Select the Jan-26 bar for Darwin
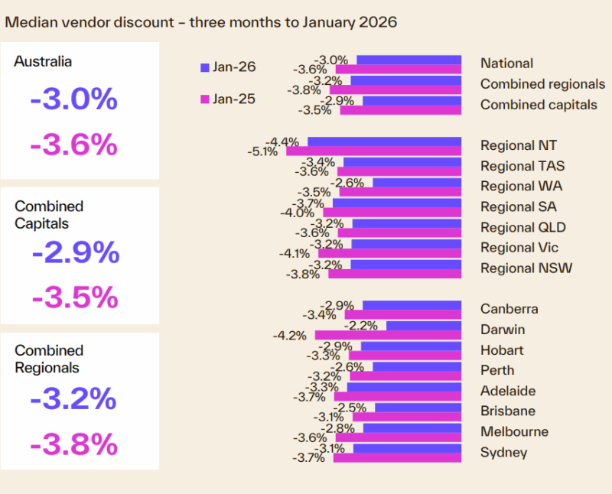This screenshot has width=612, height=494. pyautogui.click(x=424, y=326)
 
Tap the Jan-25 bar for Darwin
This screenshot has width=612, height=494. pyautogui.click(x=388, y=335)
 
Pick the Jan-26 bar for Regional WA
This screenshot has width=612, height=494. pyautogui.click(x=417, y=183)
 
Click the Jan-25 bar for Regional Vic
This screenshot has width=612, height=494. pyautogui.click(x=389, y=253)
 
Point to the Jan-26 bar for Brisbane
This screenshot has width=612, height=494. pyautogui.click(x=418, y=408)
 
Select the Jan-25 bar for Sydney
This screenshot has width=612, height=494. pyautogui.click(x=397, y=457)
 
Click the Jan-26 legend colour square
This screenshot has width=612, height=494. pyautogui.click(x=204, y=67)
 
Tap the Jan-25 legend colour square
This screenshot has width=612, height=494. pyautogui.click(x=204, y=99)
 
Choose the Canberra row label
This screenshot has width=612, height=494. pyautogui.click(x=509, y=309)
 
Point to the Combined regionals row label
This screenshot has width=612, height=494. pyautogui.click(x=542, y=84)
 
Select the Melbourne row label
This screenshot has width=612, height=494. pyautogui.click(x=514, y=431)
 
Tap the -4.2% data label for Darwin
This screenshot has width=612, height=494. pyautogui.click(x=290, y=335)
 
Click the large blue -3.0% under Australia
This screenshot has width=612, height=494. pyautogui.click(x=73, y=100)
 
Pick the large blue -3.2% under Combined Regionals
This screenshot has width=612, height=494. pyautogui.click(x=73, y=399)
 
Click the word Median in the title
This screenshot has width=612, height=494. pyautogui.click(x=29, y=21)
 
